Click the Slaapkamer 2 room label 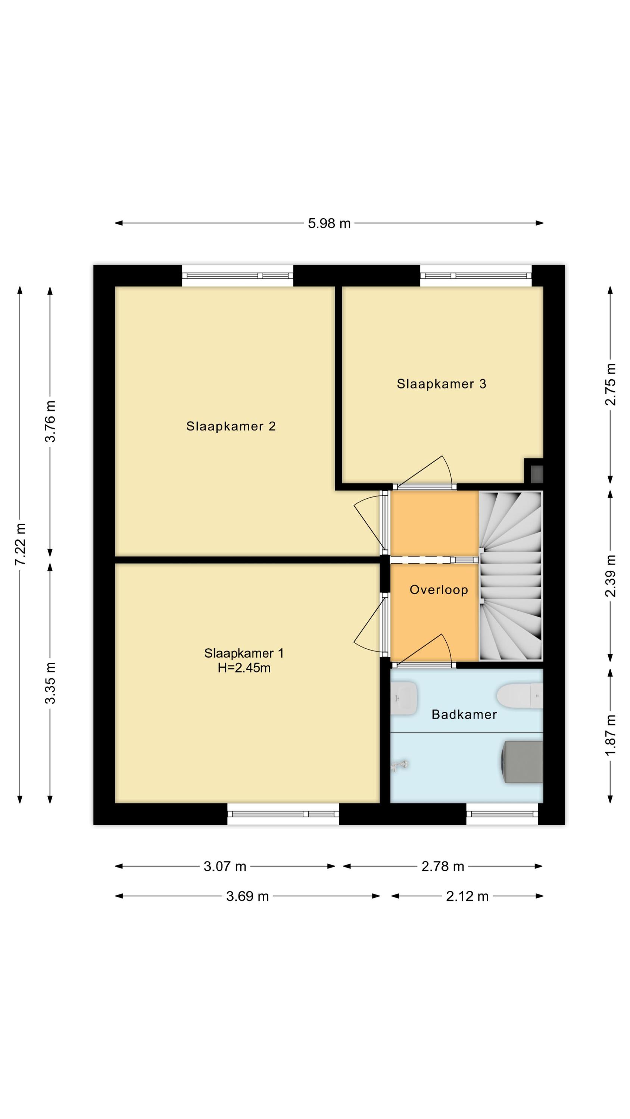tap(231, 426)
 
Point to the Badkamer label tap(464, 714)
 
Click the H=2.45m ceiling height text tap(244, 668)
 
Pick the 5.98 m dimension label tap(329, 223)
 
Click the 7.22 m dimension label tap(20, 544)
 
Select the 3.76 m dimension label tap(50, 421)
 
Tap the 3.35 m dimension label tap(50, 683)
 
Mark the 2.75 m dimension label tap(611, 385)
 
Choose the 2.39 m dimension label tap(611, 576)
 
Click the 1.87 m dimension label tap(611, 735)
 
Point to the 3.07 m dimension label tap(225, 866)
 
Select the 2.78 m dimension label tap(443, 866)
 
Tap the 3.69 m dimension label tap(247, 896)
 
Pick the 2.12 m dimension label tap(467, 896)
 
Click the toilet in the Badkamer tap(520, 696)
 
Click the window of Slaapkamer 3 tap(475, 276)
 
